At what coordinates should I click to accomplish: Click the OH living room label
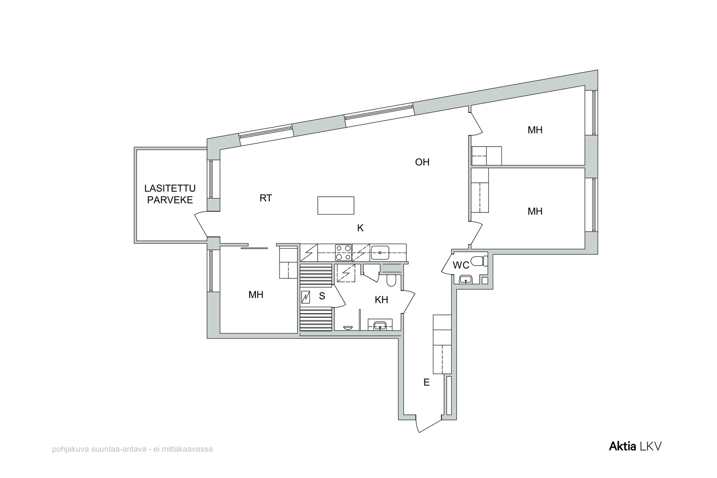(422, 162)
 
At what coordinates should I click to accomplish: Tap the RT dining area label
(266, 198)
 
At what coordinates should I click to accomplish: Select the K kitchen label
(360, 228)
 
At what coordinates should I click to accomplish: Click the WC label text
(461, 265)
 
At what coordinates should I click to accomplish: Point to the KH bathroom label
(381, 300)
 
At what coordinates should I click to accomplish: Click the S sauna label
(322, 296)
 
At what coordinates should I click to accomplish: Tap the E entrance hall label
(426, 382)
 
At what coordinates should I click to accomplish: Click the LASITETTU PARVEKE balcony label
(170, 194)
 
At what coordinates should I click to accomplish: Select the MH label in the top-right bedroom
(535, 130)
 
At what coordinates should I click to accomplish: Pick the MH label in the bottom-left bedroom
(256, 295)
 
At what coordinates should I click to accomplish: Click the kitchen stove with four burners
(343, 253)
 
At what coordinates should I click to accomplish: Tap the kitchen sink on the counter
(380, 252)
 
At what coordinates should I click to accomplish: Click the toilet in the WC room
(479, 261)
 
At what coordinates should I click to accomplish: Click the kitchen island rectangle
(336, 206)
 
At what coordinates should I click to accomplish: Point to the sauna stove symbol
(306, 297)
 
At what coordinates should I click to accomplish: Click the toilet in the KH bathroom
(391, 280)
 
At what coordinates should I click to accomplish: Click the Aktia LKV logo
(635, 446)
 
